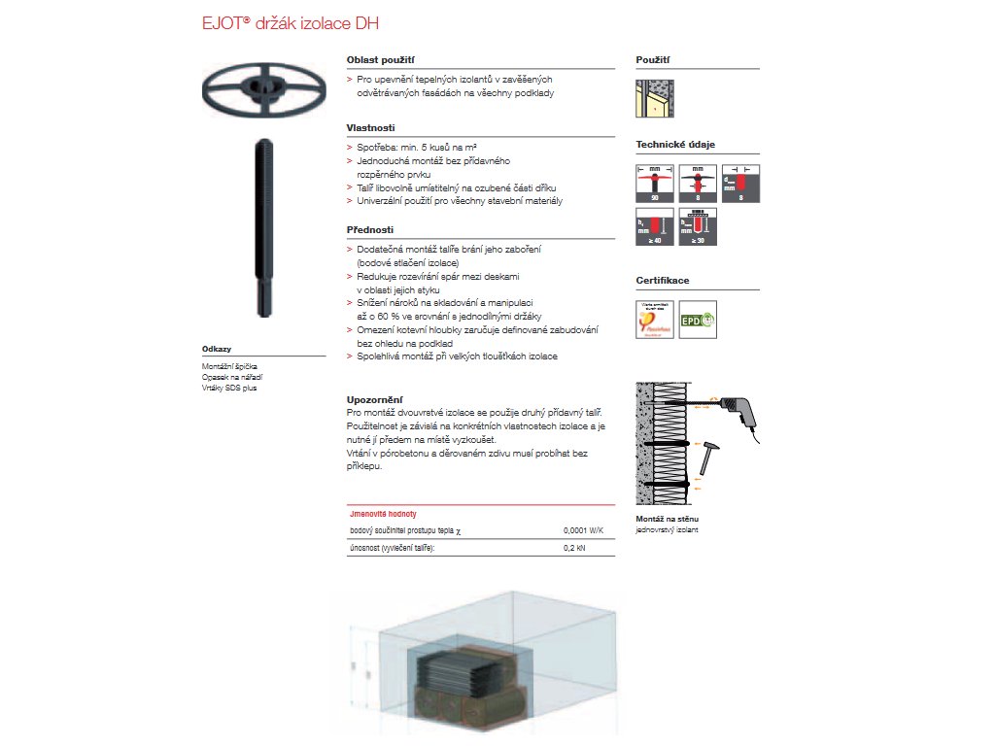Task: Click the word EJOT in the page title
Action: tap(223, 22)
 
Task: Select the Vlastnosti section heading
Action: tap(370, 127)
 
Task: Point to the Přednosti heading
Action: tap(370, 229)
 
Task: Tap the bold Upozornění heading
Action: tap(375, 399)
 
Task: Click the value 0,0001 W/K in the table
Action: tap(583, 531)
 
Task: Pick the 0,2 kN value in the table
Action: tap(575, 549)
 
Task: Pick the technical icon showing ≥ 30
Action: tap(697, 225)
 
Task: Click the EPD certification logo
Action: tap(697, 320)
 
